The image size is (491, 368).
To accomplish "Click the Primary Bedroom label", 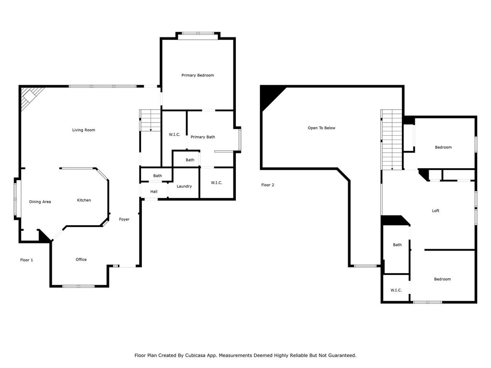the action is [198, 75].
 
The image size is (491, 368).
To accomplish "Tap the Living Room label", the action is [83, 130].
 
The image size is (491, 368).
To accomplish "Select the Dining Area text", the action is [40, 202].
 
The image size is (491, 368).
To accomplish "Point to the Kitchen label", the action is [84, 200].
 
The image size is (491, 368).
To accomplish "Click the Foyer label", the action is [124, 219].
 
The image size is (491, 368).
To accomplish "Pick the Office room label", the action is [81, 259].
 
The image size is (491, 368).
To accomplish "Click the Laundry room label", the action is [184, 186].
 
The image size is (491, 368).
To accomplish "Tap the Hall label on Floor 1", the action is [154, 192].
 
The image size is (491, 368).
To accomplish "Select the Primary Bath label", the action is [203, 137].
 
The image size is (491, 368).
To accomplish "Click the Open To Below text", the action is [321, 127].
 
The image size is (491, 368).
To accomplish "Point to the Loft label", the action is [435, 211].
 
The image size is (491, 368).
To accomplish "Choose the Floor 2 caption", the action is [268, 185].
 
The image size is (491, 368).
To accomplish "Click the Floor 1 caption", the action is [27, 260].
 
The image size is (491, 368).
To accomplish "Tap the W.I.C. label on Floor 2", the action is [396, 290].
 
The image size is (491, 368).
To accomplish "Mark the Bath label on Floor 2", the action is [397, 245].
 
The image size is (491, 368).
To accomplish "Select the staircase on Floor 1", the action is [151, 120].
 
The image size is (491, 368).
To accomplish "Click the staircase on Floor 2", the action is [391, 139].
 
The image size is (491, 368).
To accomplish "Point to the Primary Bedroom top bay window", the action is [198, 34].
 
